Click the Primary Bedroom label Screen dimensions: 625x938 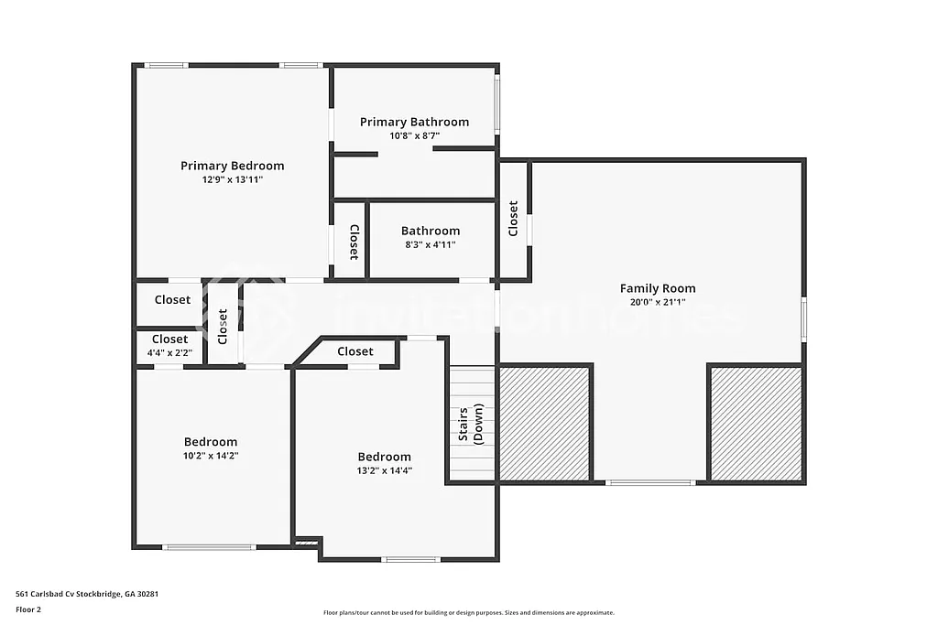point(232,166)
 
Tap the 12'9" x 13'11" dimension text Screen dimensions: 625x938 point(232,179)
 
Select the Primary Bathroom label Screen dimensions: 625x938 point(414,122)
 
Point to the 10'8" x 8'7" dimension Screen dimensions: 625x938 point(414,135)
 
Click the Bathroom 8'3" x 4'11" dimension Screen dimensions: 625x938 point(430,244)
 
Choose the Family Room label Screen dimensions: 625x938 point(658,288)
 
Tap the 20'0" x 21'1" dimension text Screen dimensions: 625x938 point(658,302)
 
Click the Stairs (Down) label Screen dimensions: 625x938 point(470,425)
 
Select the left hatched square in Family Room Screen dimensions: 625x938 point(544,423)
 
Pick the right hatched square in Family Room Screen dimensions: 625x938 point(756,423)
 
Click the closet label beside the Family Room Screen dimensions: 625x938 point(513,219)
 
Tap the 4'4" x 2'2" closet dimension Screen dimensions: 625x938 point(169,352)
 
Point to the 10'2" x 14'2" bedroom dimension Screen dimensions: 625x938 point(210,455)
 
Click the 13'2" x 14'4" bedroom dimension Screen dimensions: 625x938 point(384,470)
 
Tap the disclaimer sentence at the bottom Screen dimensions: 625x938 point(468,613)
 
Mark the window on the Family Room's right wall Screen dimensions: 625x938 point(804,319)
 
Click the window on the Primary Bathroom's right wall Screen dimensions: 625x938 point(497,104)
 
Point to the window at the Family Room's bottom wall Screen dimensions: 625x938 point(649,482)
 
